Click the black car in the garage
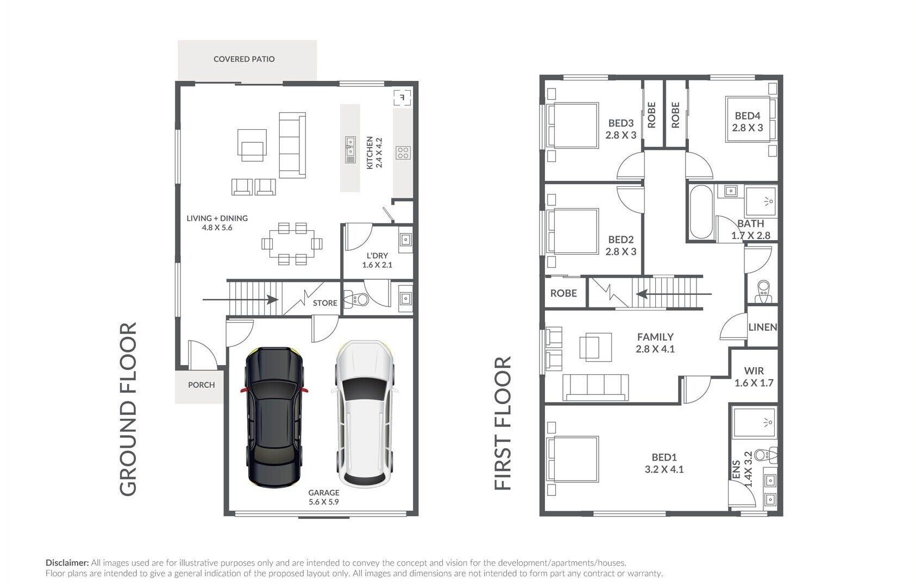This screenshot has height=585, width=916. click(274, 417)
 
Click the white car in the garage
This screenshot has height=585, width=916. click(365, 414)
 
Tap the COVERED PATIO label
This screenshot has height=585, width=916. click(244, 59)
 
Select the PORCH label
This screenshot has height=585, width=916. click(201, 385)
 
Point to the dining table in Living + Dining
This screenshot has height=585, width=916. click(292, 244)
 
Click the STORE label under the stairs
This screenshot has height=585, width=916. click(325, 303)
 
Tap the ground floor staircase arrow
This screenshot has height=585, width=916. click(241, 300)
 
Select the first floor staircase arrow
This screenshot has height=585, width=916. click(674, 294)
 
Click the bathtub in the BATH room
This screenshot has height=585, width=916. click(701, 212)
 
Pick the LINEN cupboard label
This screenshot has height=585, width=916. click(763, 327)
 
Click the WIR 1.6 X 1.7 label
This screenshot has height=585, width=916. click(754, 377)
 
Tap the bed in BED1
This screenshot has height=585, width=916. click(573, 458)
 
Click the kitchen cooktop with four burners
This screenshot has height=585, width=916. click(403, 153)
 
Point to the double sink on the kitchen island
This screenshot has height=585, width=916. click(350, 149)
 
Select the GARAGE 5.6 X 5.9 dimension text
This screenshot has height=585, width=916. click(323, 497)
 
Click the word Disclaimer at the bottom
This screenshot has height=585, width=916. click(67, 563)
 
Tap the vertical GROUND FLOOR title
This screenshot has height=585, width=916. click(128, 409)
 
